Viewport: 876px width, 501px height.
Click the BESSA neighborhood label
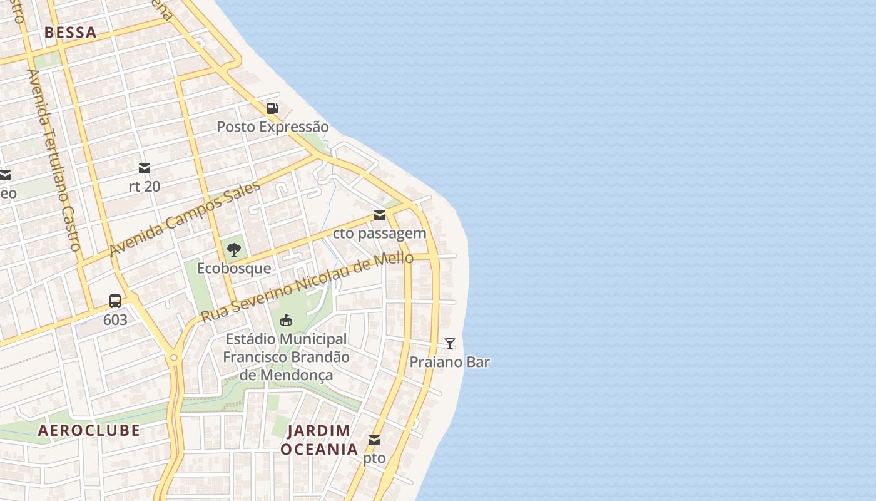pos(71,33)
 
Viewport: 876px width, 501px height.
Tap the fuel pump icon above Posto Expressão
pos(273,108)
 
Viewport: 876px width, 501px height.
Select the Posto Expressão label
pos(272,127)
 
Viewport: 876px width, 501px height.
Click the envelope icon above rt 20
pos(145,168)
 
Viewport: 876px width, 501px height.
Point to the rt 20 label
pos(145,186)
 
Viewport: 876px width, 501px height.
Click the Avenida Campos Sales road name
pos(185,219)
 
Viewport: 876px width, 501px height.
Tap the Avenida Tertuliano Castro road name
pos(54,160)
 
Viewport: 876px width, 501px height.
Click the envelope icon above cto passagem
pos(380,215)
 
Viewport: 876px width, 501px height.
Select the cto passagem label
pos(379,234)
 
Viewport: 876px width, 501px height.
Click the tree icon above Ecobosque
pos(234,250)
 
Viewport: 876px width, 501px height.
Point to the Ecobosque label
pos(234,268)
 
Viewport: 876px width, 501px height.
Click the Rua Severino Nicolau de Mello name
pos(307,287)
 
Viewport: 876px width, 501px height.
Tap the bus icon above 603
pos(115,301)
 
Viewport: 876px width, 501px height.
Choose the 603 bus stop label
pos(115,320)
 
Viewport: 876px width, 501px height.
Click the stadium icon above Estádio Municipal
pos(286,321)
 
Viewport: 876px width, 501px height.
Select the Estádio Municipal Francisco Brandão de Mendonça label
pos(286,357)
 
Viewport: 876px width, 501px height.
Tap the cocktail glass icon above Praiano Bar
pos(450,343)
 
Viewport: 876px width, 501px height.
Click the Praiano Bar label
pos(449,362)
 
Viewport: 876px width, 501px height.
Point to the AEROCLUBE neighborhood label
pos(89,430)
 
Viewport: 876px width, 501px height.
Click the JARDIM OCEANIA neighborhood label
pos(319,440)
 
